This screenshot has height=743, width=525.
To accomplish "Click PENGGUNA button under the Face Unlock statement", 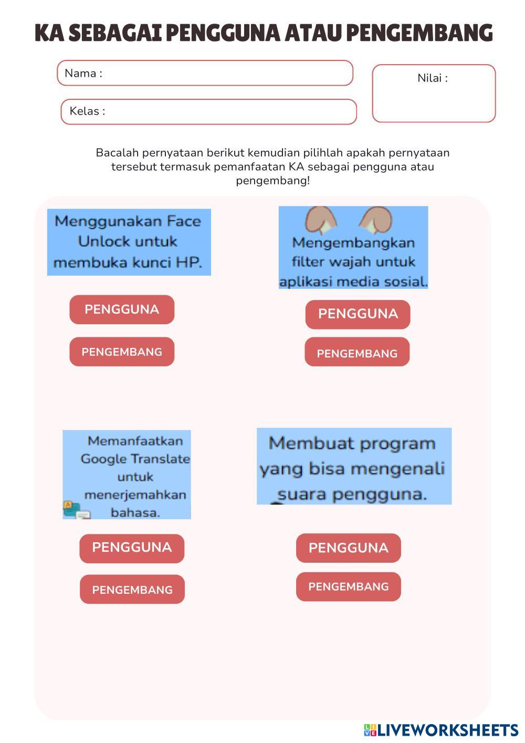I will (122, 309).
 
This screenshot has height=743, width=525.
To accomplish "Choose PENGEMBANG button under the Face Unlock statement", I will (122, 352).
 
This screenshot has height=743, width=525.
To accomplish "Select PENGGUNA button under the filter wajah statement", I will (358, 314).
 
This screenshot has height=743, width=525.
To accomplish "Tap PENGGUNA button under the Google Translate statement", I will (132, 548).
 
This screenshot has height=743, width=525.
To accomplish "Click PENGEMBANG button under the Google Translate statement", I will (132, 590).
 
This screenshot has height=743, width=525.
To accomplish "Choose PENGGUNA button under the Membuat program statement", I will (348, 548).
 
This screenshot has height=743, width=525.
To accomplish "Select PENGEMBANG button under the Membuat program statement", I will (348, 587).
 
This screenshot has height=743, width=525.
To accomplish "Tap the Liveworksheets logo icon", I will (370, 730).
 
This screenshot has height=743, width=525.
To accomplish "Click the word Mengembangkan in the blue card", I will (353, 243).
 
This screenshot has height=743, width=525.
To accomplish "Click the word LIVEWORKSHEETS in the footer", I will (448, 730).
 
